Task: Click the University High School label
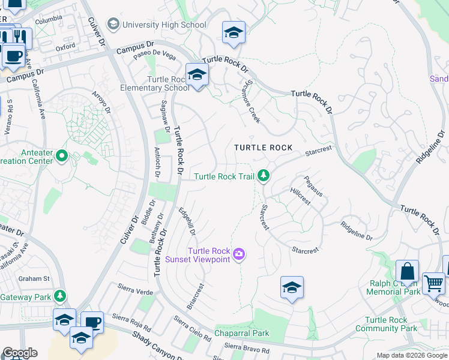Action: (164, 25)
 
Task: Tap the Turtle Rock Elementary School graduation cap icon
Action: (196, 76)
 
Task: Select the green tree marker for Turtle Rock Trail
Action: (263, 176)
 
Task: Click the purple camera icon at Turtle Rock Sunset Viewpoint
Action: (239, 255)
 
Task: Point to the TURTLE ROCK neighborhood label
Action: (263, 148)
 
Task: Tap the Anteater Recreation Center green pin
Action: (61, 157)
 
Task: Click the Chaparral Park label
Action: (242, 333)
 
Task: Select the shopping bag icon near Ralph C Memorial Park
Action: (407, 272)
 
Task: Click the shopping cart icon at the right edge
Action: (433, 283)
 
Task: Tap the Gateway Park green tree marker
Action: (60, 296)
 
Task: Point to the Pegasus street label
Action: (313, 186)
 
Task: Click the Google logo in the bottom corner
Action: (20, 353)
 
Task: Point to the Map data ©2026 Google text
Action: (411, 355)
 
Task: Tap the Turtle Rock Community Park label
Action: (386, 324)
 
